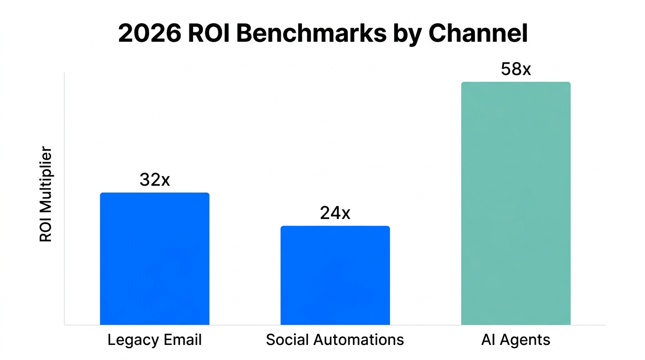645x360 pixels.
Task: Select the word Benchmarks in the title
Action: (x=312, y=33)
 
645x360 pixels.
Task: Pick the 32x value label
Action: (x=155, y=180)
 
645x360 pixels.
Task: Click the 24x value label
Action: (x=335, y=213)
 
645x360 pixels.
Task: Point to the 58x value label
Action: (x=516, y=69)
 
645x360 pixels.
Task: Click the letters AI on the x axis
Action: (x=488, y=339)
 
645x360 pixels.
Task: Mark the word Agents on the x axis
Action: (x=525, y=340)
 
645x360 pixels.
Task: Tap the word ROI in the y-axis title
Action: (x=45, y=230)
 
